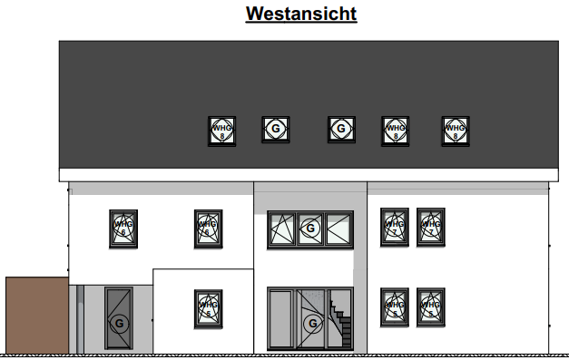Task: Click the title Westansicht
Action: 301,15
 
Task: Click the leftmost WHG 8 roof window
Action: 221,130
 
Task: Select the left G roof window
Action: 276,130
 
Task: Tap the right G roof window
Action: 340,130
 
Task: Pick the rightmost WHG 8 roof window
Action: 455,130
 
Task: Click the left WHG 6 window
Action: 123,228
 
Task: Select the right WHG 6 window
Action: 208,228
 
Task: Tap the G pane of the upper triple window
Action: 309,229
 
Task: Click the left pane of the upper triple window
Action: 281,229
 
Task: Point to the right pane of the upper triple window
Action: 338,229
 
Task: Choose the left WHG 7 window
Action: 395,226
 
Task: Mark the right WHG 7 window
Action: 430,226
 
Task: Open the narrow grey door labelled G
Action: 119,318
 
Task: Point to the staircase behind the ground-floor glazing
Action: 340,322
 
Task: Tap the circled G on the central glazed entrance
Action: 312,324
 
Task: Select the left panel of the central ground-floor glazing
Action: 280,319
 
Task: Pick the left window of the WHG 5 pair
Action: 395,306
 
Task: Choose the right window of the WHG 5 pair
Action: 430,306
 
